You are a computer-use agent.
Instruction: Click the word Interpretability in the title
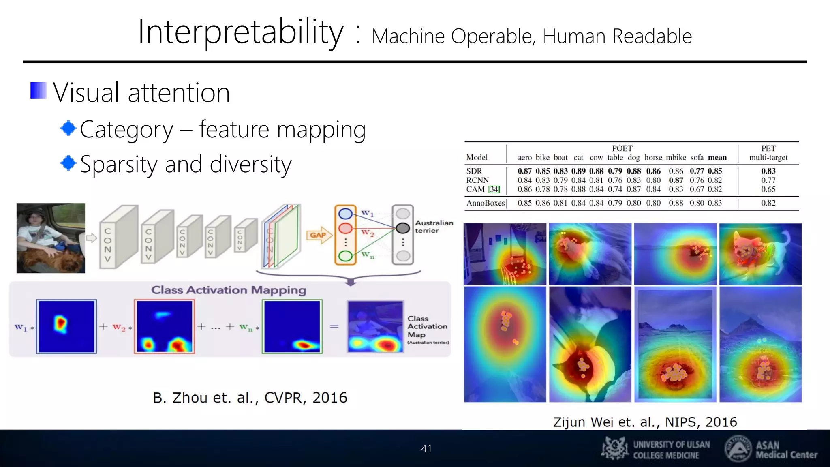click(241, 32)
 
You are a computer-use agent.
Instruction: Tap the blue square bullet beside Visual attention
click(39, 90)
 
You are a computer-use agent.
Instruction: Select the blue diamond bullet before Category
click(68, 129)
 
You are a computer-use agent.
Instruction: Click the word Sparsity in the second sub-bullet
click(118, 165)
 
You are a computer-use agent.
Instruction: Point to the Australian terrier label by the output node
click(434, 227)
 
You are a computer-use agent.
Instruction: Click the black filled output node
click(402, 228)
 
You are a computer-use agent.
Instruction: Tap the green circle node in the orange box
click(345, 256)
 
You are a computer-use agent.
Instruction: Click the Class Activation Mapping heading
click(229, 290)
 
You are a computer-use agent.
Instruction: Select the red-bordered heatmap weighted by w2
click(164, 326)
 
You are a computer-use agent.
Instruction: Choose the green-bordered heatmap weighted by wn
click(292, 326)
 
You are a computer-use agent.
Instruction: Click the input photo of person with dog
click(51, 238)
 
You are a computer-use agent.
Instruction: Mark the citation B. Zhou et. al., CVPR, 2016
click(250, 398)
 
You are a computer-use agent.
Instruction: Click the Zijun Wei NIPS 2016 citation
click(645, 422)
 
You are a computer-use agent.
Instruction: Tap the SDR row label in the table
click(474, 171)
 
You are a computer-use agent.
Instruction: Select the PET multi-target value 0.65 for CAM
click(768, 189)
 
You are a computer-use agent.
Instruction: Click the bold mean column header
click(717, 158)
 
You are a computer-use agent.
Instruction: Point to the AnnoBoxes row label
click(485, 203)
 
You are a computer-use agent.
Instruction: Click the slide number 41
click(426, 448)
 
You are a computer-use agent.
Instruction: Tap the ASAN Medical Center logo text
click(786, 450)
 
